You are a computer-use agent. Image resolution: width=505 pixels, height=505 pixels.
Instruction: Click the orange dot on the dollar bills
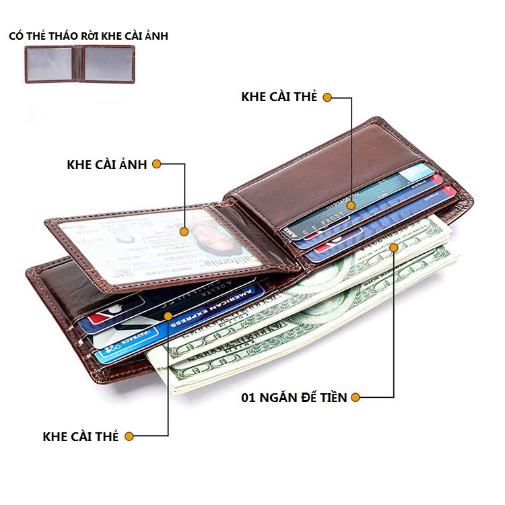(x=394, y=247)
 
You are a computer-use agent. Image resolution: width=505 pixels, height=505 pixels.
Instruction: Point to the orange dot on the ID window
(x=184, y=231)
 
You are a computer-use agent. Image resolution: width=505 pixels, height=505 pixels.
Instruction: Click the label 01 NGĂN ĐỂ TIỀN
(x=294, y=397)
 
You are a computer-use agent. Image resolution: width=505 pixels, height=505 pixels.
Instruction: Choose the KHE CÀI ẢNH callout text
(x=107, y=164)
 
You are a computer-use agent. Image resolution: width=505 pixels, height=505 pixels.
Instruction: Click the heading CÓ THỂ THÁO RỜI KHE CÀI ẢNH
(x=88, y=36)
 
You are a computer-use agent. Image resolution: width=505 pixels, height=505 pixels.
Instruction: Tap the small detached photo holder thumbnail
(x=80, y=64)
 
